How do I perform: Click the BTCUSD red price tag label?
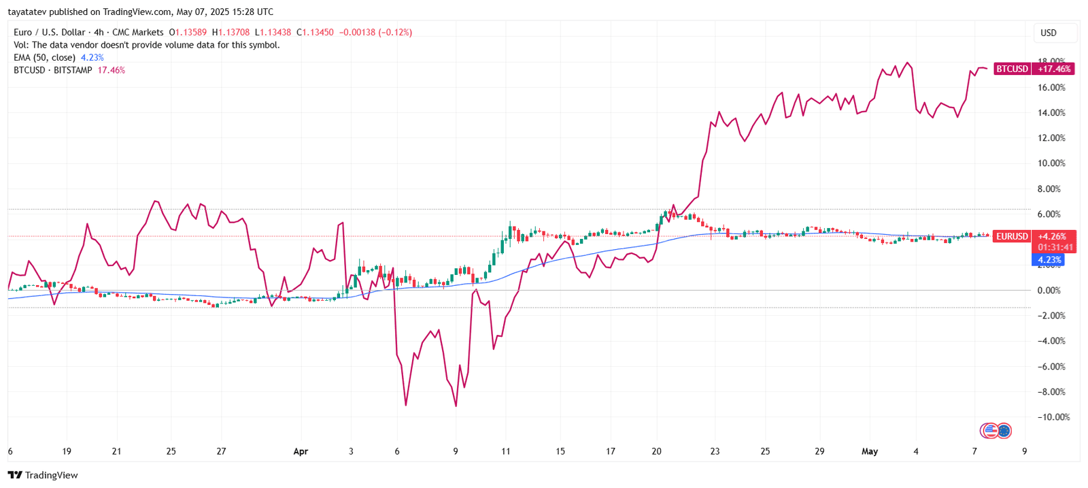click(1012, 69)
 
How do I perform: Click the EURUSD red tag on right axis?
click(1012, 236)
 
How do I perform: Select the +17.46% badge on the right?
click(1054, 69)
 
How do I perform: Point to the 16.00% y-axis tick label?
click(1051, 88)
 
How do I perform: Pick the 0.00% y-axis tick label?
click(1049, 291)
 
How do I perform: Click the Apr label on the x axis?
click(301, 451)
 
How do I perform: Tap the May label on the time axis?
click(870, 451)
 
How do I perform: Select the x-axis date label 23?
click(715, 451)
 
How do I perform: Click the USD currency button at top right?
click(1049, 33)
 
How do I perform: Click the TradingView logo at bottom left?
click(43, 475)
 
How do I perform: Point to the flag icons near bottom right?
click(996, 430)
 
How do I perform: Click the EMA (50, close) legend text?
click(44, 58)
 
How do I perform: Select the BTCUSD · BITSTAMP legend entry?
click(52, 70)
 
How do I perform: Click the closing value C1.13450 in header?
click(315, 32)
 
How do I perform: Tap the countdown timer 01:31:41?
click(1055, 248)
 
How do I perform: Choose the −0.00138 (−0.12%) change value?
click(375, 32)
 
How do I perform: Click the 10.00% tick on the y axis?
click(1051, 163)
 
